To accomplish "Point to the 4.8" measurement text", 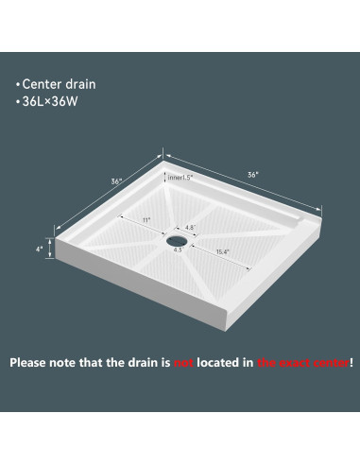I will coord(189,227).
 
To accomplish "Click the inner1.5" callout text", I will coord(180,177).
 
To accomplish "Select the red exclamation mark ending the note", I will coord(351,362).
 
